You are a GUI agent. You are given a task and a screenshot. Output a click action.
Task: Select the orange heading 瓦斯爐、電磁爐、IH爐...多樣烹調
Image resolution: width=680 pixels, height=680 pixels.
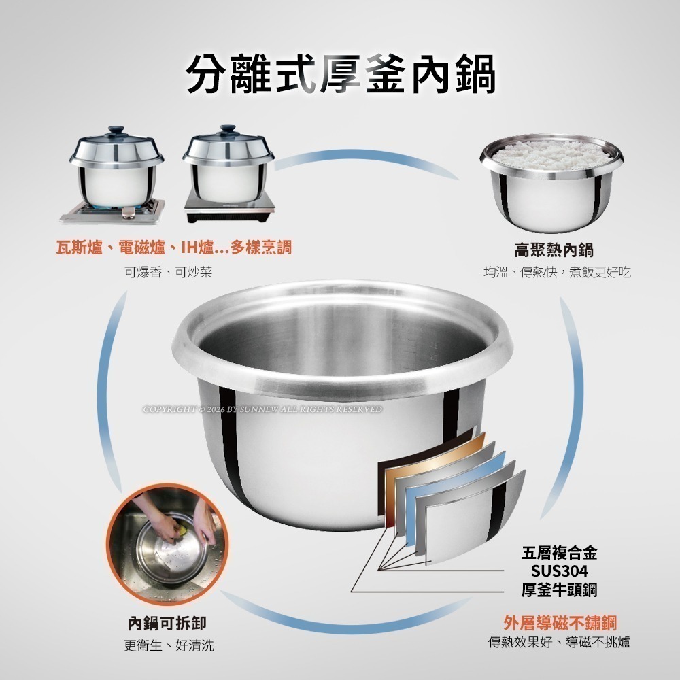[x=173, y=247]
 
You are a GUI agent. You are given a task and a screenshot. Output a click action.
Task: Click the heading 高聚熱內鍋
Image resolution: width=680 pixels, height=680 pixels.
[x=554, y=250]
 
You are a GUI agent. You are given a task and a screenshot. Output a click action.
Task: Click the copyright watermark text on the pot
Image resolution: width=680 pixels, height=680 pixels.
[x=262, y=409]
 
